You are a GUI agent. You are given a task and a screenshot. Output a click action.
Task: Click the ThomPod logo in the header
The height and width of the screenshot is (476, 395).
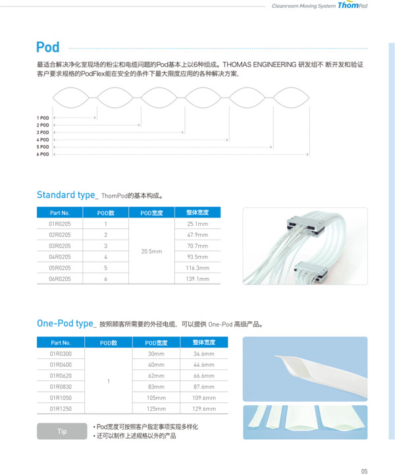pos(352,6)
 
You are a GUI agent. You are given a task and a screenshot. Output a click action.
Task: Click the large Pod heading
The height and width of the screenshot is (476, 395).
pos(47,47)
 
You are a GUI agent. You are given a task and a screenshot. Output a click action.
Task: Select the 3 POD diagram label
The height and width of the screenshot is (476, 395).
pos(43,132)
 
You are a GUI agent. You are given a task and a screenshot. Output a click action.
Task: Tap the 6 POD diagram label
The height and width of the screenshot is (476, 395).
pos(43,154)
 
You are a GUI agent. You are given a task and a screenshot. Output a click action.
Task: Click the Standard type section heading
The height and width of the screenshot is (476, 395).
pos(66,195)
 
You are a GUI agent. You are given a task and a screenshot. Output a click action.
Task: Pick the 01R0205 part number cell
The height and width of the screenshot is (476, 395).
pos(60,224)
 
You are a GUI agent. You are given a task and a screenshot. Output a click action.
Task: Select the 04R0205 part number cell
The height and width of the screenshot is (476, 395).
pos(60,257)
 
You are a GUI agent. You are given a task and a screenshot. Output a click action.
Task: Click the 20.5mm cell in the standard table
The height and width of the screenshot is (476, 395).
pos(152,251)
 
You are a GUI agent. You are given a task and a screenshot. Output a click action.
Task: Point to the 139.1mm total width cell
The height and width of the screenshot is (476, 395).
pos(197,279)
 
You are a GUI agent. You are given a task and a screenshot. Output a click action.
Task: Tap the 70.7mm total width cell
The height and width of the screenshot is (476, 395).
pos(197,246)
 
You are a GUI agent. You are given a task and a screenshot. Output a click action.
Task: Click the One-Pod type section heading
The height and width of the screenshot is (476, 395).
pos(65,323)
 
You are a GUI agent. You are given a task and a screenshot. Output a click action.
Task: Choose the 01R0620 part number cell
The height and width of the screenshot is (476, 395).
pos(61,375)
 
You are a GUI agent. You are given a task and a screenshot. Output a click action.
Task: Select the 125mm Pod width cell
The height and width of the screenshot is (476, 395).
pos(157,409)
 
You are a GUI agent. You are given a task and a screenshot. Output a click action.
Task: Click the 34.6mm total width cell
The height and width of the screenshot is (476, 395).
pos(204,354)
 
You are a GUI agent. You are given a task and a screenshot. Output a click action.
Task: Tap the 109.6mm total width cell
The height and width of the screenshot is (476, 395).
pos(204,398)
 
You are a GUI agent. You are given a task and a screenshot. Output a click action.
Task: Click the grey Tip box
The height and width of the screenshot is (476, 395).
pos(62,431)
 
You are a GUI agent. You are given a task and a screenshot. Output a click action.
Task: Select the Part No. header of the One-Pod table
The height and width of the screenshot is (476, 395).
pos(61,342)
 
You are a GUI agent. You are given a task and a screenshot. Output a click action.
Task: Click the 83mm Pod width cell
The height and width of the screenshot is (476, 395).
pos(156,386)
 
